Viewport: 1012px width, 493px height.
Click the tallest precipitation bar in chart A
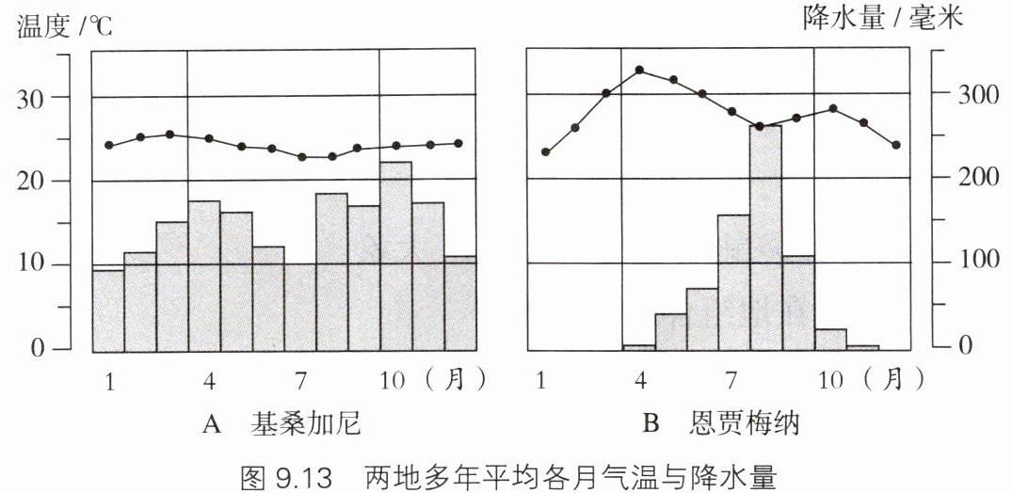395,254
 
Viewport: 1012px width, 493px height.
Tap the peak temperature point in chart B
639,71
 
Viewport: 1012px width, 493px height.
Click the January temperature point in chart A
109,145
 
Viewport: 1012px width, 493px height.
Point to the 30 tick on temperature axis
37,97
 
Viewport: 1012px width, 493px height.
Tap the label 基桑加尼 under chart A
306,424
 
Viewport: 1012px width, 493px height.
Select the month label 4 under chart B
641,380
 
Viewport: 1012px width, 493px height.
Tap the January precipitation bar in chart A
108,310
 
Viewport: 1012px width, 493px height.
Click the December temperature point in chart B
895,145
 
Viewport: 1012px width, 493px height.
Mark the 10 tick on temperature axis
37,264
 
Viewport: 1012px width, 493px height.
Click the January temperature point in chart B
545,151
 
